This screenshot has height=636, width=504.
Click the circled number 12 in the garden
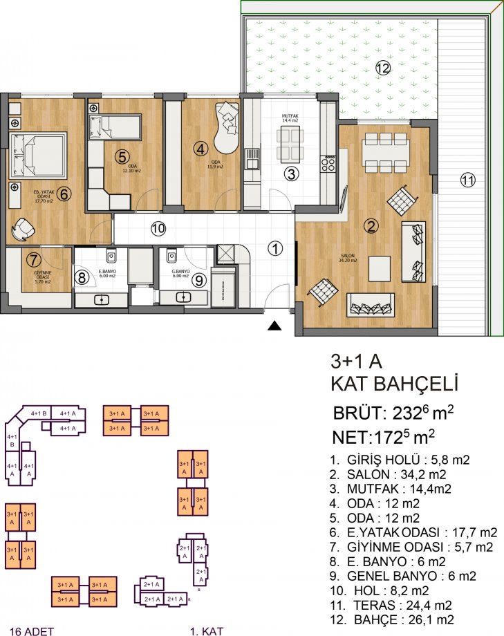click(x=383, y=67)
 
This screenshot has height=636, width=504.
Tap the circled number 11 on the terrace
click(x=468, y=180)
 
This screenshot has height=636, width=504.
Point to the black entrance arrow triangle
click(x=275, y=326)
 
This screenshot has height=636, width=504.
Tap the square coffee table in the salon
click(x=382, y=267)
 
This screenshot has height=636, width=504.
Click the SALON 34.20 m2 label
click(x=347, y=259)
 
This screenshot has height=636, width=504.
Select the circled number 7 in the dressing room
click(x=33, y=260)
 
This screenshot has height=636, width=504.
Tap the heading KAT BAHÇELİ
click(x=394, y=384)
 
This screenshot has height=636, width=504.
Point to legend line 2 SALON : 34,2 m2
click(x=387, y=474)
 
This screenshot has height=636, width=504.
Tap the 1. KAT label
click(x=205, y=630)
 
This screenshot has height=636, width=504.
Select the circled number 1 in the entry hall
click(x=275, y=248)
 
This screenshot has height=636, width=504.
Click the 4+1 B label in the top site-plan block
click(x=39, y=413)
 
